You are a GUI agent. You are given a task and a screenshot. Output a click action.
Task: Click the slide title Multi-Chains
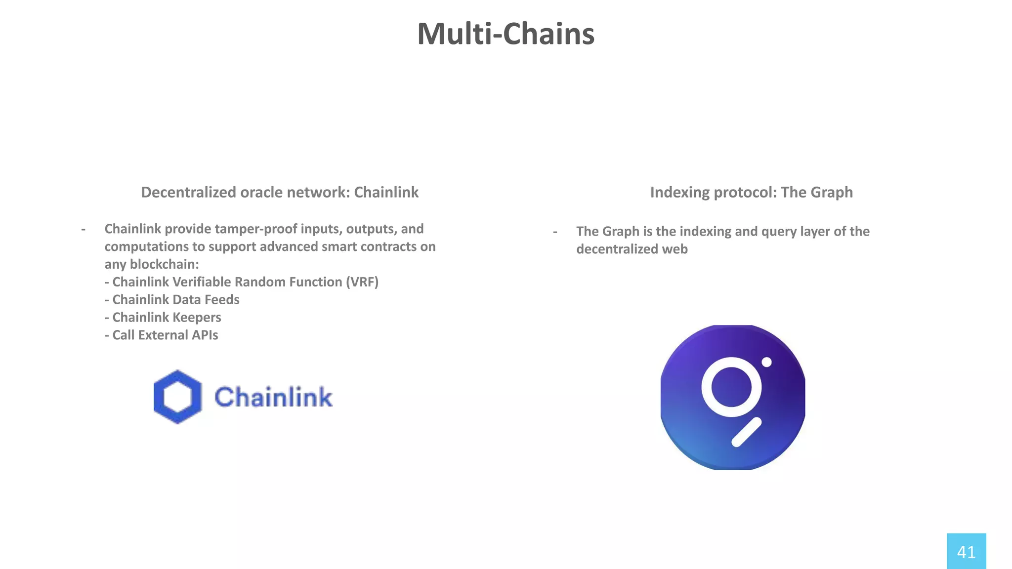[506, 34]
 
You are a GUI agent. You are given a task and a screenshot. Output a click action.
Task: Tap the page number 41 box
[966, 551]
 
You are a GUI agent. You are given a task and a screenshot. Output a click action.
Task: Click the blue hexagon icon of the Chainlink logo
[177, 397]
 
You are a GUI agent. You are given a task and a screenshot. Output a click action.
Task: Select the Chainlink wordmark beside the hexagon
[273, 397]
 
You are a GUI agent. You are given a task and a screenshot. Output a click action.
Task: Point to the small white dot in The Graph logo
[766, 362]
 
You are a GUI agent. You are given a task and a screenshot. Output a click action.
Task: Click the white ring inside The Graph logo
[731, 387]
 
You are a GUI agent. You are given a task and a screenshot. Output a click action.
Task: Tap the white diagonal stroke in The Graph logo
[746, 432]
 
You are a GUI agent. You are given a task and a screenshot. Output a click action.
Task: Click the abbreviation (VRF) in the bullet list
[362, 282]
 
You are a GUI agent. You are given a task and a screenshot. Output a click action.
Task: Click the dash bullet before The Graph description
[555, 231]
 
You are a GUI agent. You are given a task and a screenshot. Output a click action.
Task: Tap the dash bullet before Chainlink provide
[83, 229]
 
